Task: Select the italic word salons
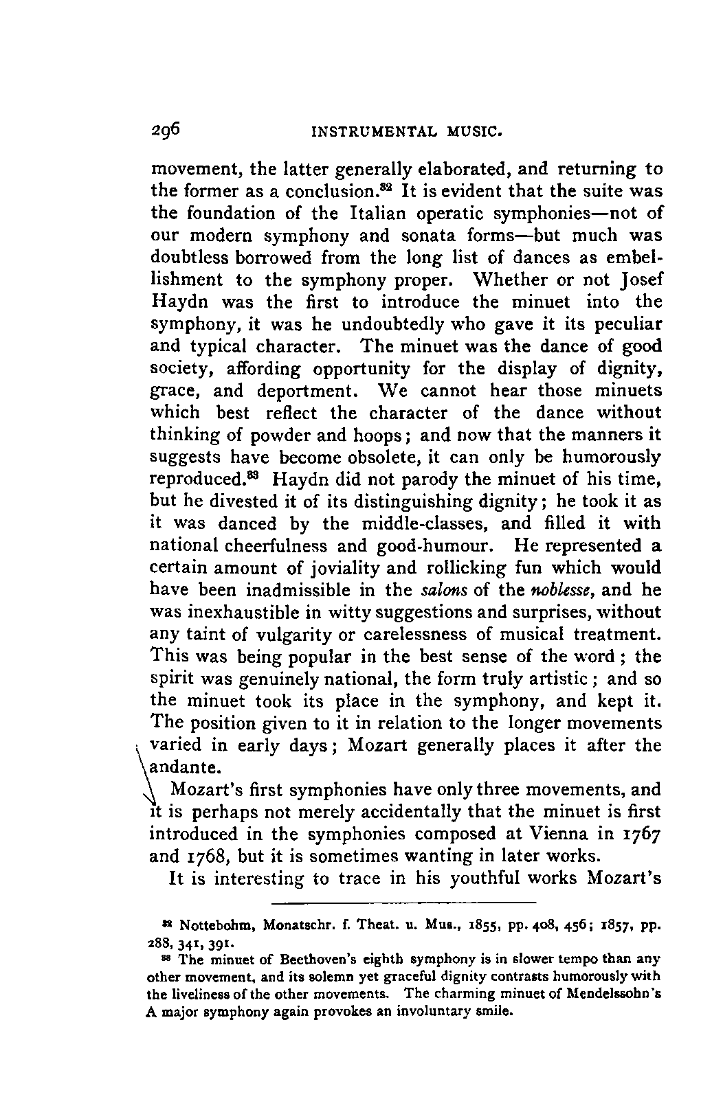(440, 590)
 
